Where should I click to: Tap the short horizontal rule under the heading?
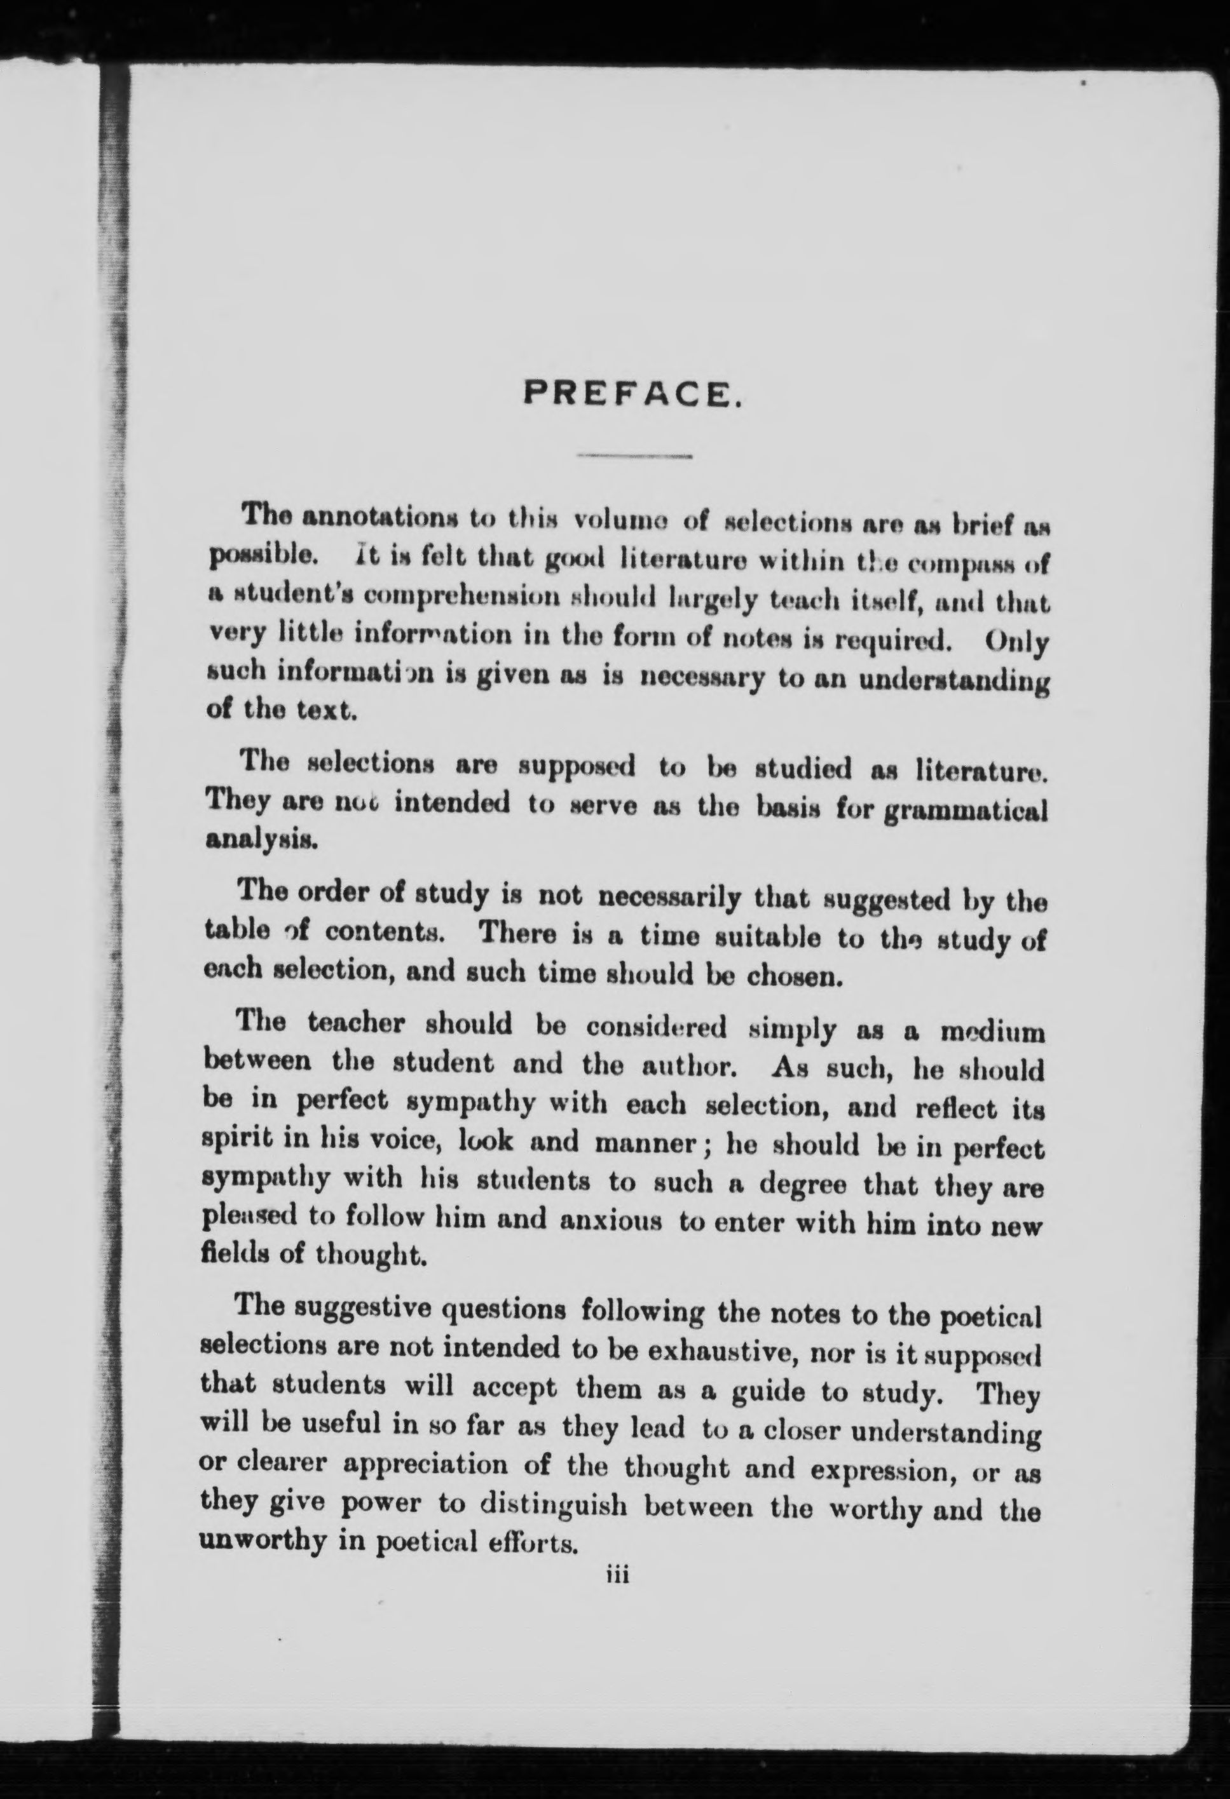[634, 457]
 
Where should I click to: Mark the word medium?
[992, 1034]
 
